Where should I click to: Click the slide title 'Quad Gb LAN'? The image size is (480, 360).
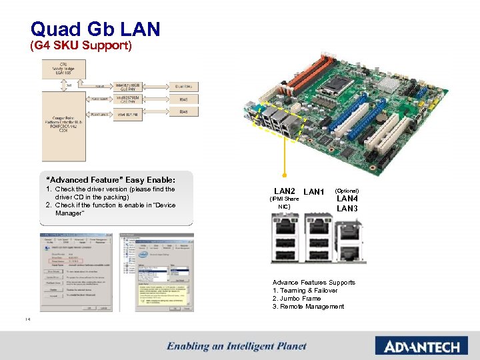coord(95,29)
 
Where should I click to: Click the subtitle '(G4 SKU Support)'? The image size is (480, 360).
coord(81,47)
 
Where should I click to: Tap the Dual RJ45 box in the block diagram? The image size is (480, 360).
coord(189,85)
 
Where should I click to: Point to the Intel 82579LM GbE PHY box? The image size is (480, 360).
coord(129,99)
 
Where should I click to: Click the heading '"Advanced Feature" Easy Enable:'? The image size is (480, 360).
coord(110,180)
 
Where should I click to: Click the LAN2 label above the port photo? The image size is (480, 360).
coord(285,191)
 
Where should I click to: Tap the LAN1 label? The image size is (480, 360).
coord(313,192)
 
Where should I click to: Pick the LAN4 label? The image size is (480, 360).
coord(347,199)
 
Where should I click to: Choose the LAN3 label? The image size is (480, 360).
coord(347,209)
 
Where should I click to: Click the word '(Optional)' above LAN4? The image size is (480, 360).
coord(347,190)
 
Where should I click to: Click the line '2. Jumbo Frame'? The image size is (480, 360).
coord(297,299)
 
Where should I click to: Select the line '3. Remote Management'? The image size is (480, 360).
coord(308,307)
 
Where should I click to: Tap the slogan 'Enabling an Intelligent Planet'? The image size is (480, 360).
coord(237,346)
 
